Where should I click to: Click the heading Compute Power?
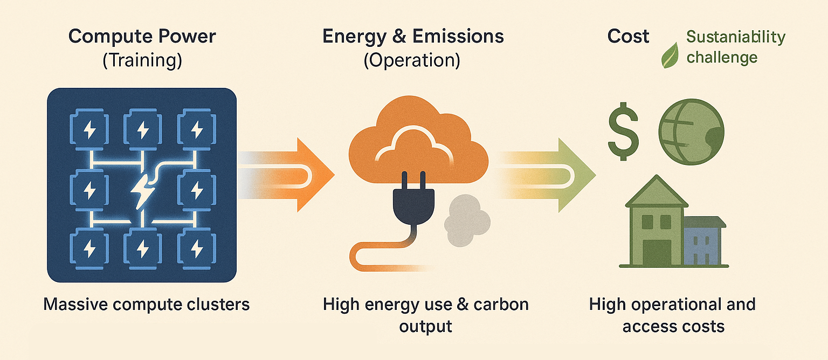click(x=142, y=37)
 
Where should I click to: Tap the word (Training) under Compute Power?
click(x=142, y=60)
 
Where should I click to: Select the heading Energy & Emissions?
click(x=413, y=37)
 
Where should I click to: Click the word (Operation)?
click(x=412, y=60)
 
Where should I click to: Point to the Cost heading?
click(x=628, y=37)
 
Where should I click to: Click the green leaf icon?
click(x=670, y=56)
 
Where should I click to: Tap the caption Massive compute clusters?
click(x=146, y=304)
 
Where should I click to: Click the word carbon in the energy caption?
click(x=501, y=304)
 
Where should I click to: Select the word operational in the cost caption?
click(x=678, y=304)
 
